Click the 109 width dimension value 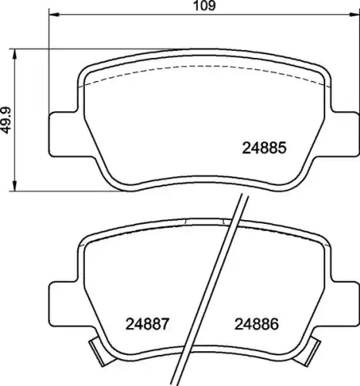205,5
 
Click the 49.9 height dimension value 5,120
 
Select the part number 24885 264,148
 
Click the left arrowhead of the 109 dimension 54,15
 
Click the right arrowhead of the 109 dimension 355,15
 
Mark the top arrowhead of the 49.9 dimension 15,54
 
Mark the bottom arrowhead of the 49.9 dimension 15,186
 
